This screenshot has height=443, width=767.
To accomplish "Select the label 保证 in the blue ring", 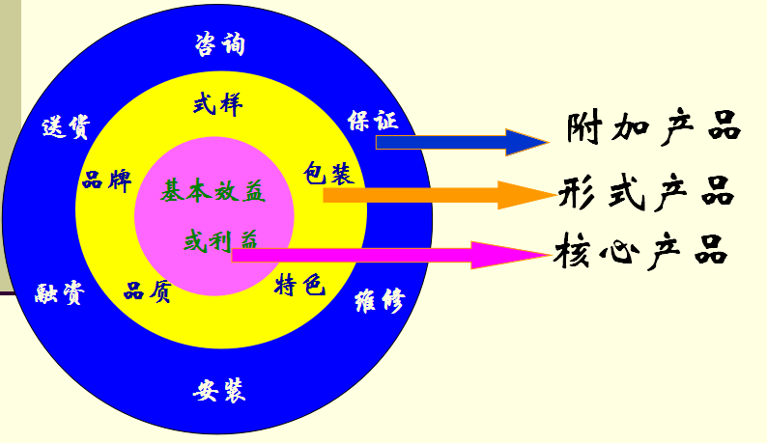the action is tap(372, 122).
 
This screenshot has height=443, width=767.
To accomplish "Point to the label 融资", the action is tap(59, 292).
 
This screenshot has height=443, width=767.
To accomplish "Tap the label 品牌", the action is tap(106, 180).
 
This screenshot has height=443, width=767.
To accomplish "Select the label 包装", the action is tap(328, 174).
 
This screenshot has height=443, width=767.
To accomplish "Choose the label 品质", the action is tap(148, 291).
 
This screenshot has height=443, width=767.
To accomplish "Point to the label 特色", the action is tap(300, 286).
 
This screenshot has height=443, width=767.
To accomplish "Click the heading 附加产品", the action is tap(654, 126).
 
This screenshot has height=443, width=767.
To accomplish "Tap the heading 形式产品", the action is tap(646, 192).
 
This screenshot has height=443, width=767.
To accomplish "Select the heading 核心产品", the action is tap(640, 253).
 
